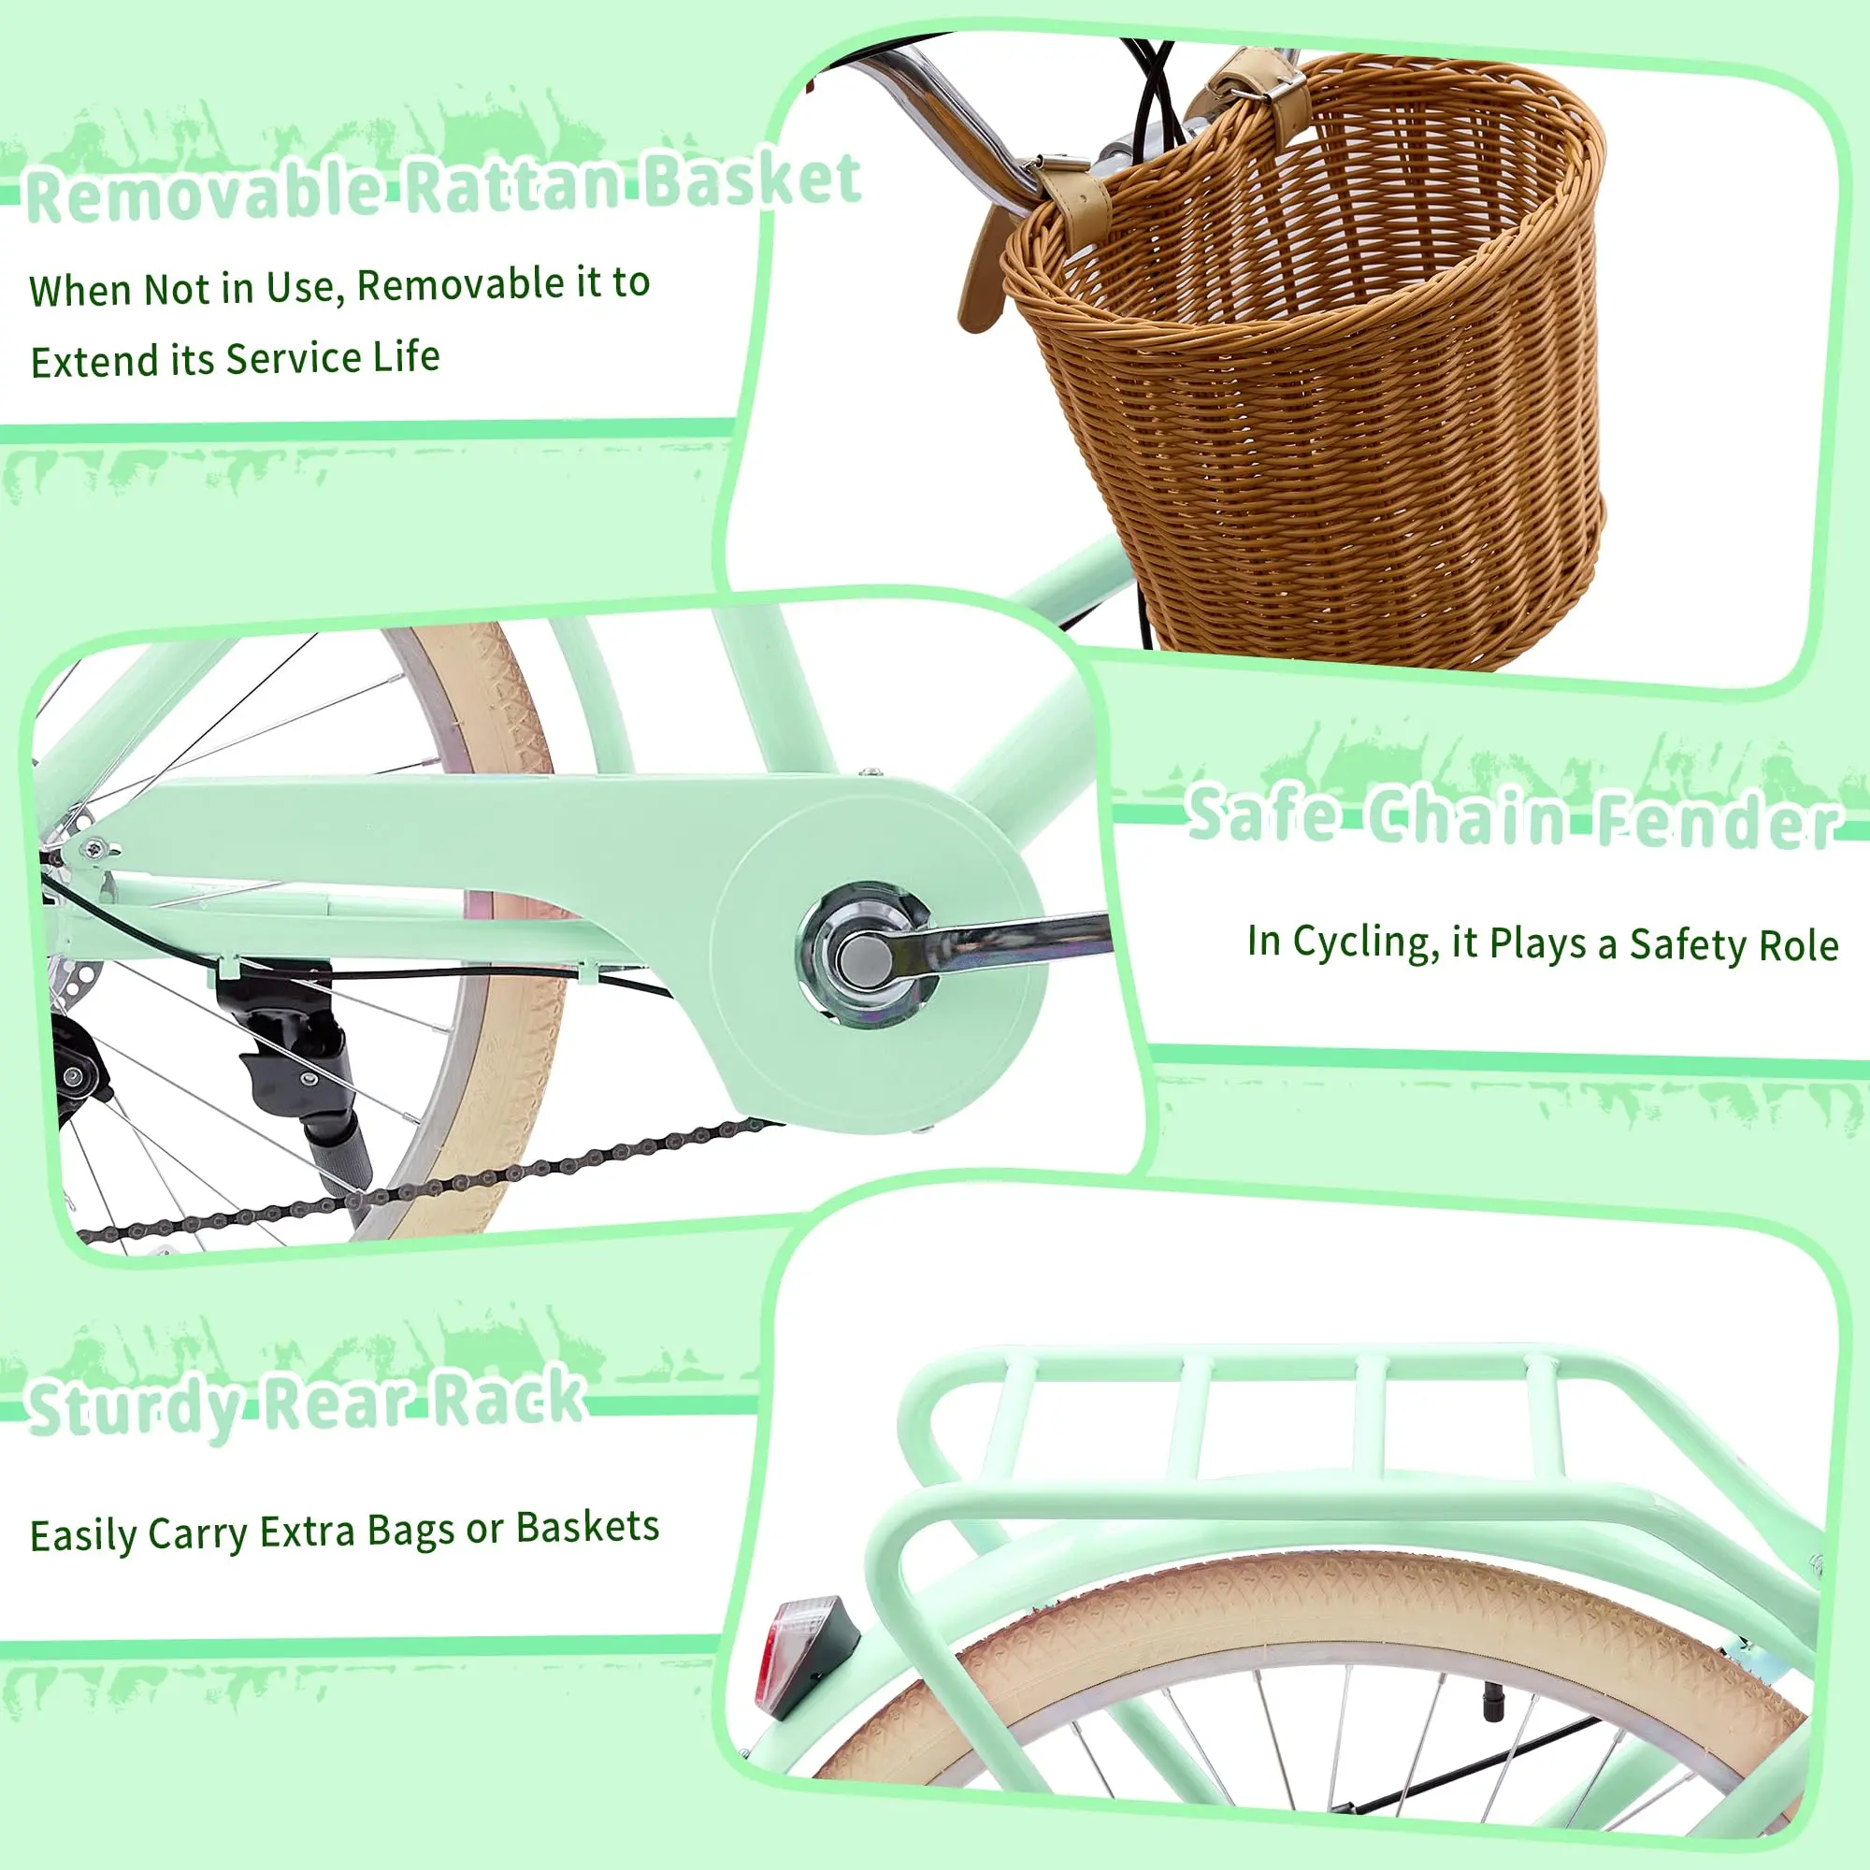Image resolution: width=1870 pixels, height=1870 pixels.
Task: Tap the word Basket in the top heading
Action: click(752, 180)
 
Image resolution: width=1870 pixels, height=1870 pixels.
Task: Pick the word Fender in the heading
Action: click(1716, 821)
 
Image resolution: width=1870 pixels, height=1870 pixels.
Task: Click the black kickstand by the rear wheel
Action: click(308, 1074)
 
